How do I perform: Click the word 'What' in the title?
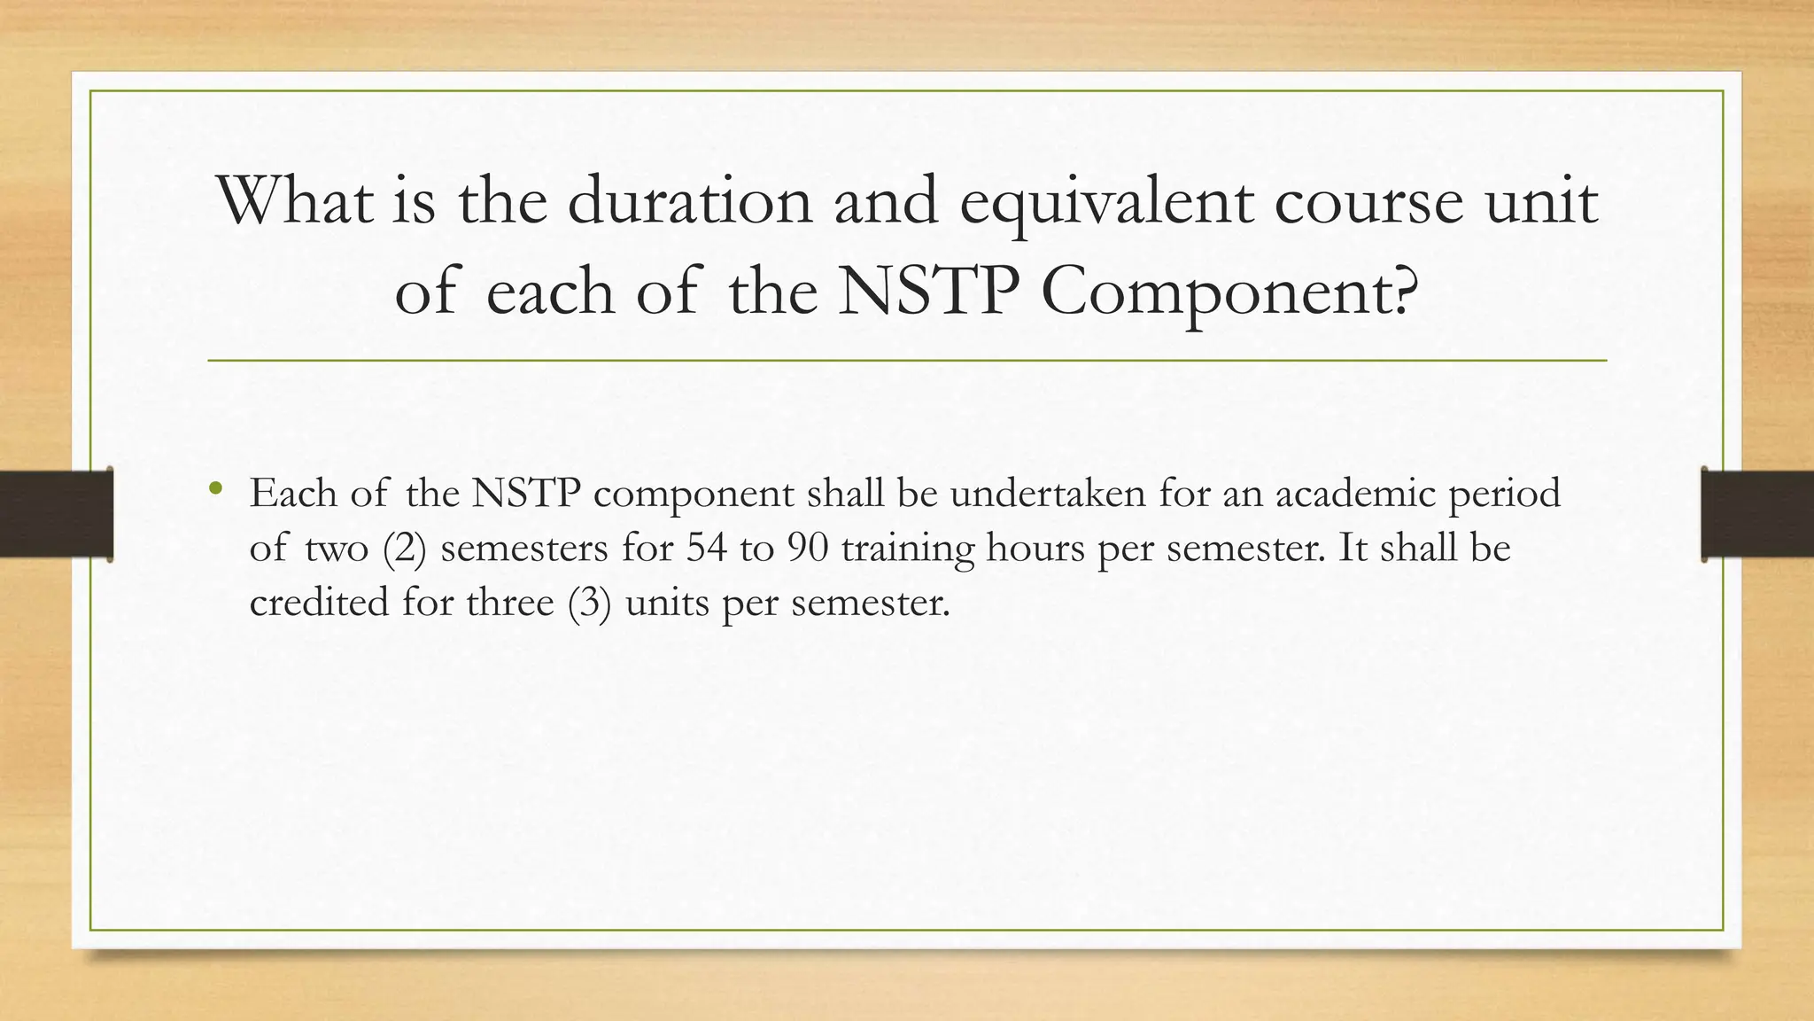[295, 201]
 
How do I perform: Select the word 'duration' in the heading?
[689, 201]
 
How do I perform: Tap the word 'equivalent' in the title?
[1106, 201]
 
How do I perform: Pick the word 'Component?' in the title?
[1230, 292]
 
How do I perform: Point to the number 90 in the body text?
[808, 548]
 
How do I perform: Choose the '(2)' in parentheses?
[405, 549]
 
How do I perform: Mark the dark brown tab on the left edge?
[56, 514]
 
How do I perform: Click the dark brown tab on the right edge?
[1757, 514]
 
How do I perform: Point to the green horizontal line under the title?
[907, 361]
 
